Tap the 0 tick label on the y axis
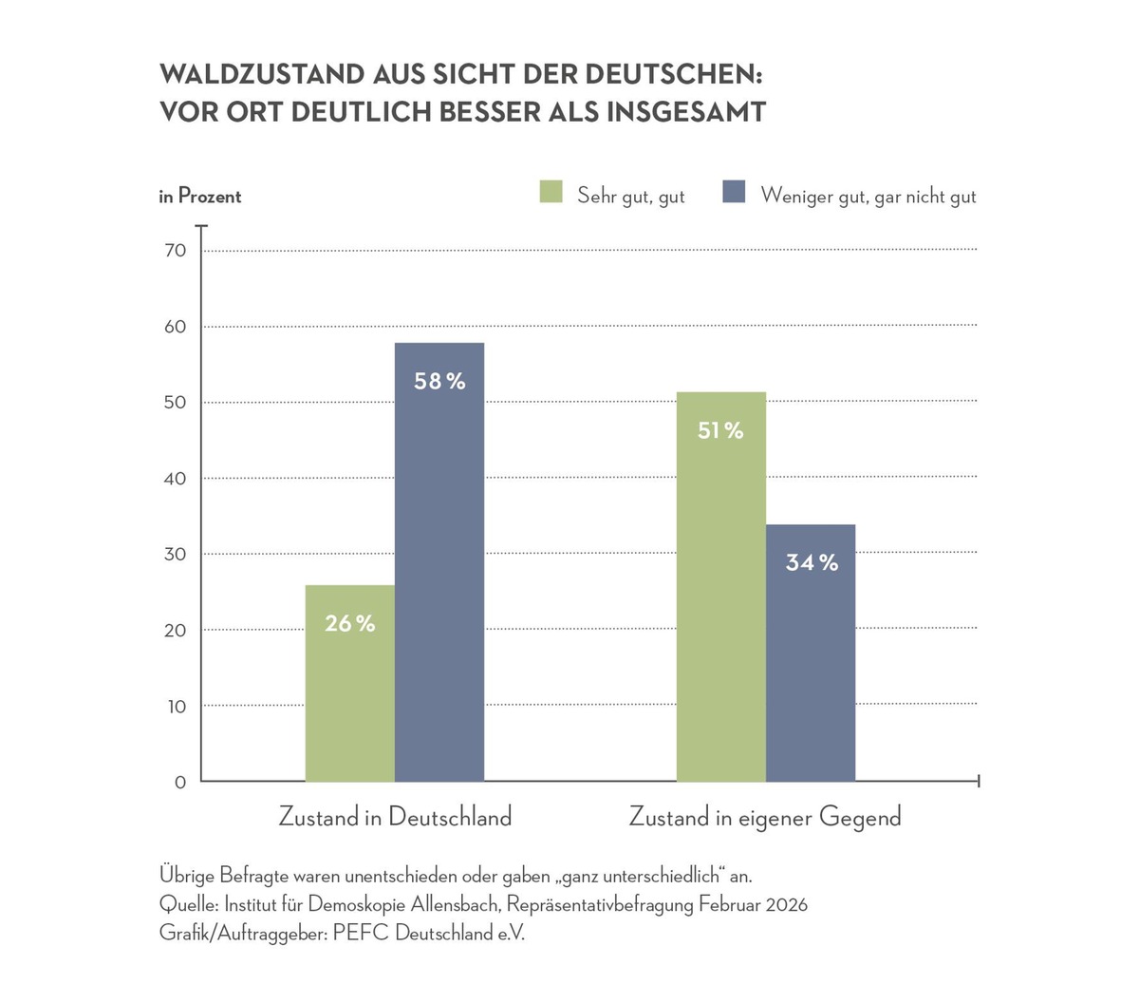point(180,783)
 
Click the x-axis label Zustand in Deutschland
point(395,817)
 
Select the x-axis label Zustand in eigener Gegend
point(765,817)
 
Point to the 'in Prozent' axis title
point(200,197)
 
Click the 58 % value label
point(439,382)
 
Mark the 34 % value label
point(812,562)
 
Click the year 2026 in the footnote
point(785,904)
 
